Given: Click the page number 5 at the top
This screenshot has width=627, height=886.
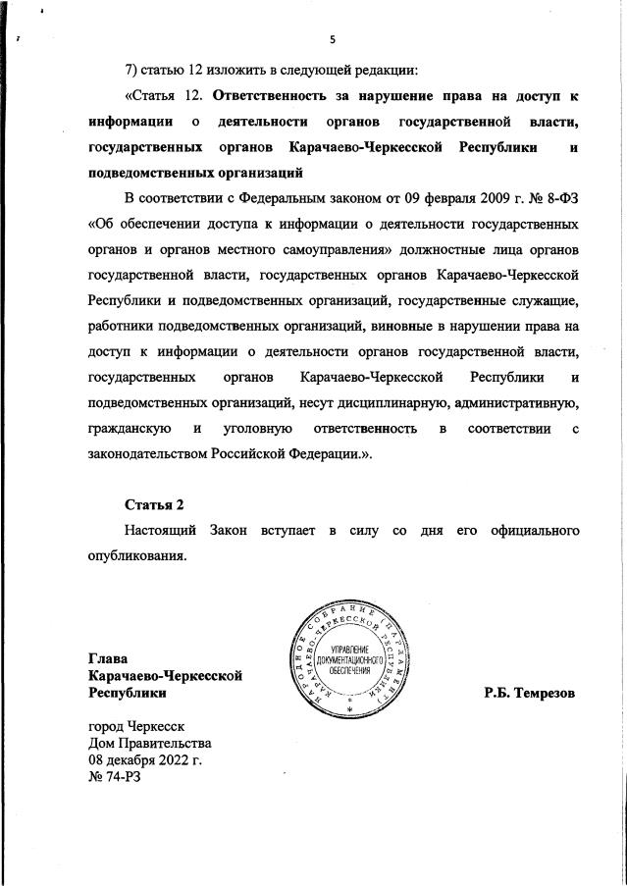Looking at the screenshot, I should [332, 40].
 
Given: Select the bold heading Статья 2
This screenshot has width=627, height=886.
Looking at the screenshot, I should [154, 504].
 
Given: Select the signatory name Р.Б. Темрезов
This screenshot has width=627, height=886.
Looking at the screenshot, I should [528, 693].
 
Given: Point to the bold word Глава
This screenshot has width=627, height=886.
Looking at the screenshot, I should [108, 658].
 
